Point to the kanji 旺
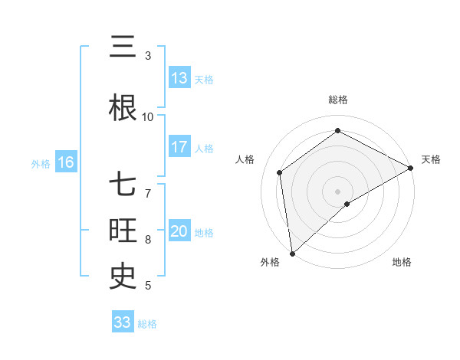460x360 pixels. click(123, 230)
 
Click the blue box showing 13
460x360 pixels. click(179, 77)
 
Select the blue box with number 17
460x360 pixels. click(179, 147)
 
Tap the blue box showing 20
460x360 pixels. click(179, 231)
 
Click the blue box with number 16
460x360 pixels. click(66, 162)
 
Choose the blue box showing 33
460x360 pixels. click(123, 322)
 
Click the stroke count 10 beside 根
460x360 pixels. click(148, 116)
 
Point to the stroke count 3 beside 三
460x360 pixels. click(148, 56)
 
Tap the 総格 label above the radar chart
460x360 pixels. click(338, 100)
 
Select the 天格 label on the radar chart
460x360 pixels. click(432, 159)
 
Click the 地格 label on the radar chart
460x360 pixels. click(402, 262)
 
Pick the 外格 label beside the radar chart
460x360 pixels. click(270, 262)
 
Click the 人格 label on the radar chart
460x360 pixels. click(245, 159)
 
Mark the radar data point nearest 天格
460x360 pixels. click(411, 168)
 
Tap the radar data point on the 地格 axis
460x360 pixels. click(347, 204)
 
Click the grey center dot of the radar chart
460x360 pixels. click(338, 191)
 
